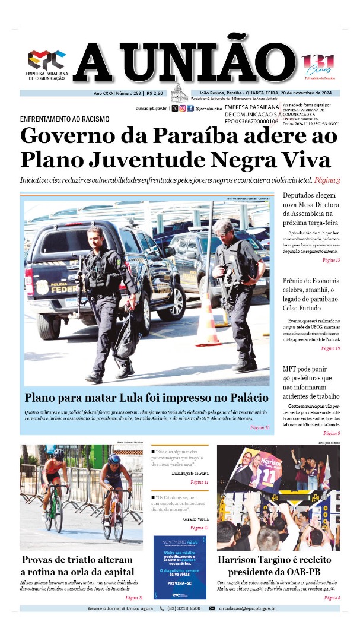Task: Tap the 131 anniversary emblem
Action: click(318, 64)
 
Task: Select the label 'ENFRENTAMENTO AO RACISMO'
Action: click(65, 119)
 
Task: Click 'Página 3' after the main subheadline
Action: click(326, 180)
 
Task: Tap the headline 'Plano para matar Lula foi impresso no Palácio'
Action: click(146, 397)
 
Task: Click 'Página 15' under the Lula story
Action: click(260, 427)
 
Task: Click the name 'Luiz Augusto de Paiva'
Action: click(190, 473)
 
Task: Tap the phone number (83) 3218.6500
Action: click(181, 608)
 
